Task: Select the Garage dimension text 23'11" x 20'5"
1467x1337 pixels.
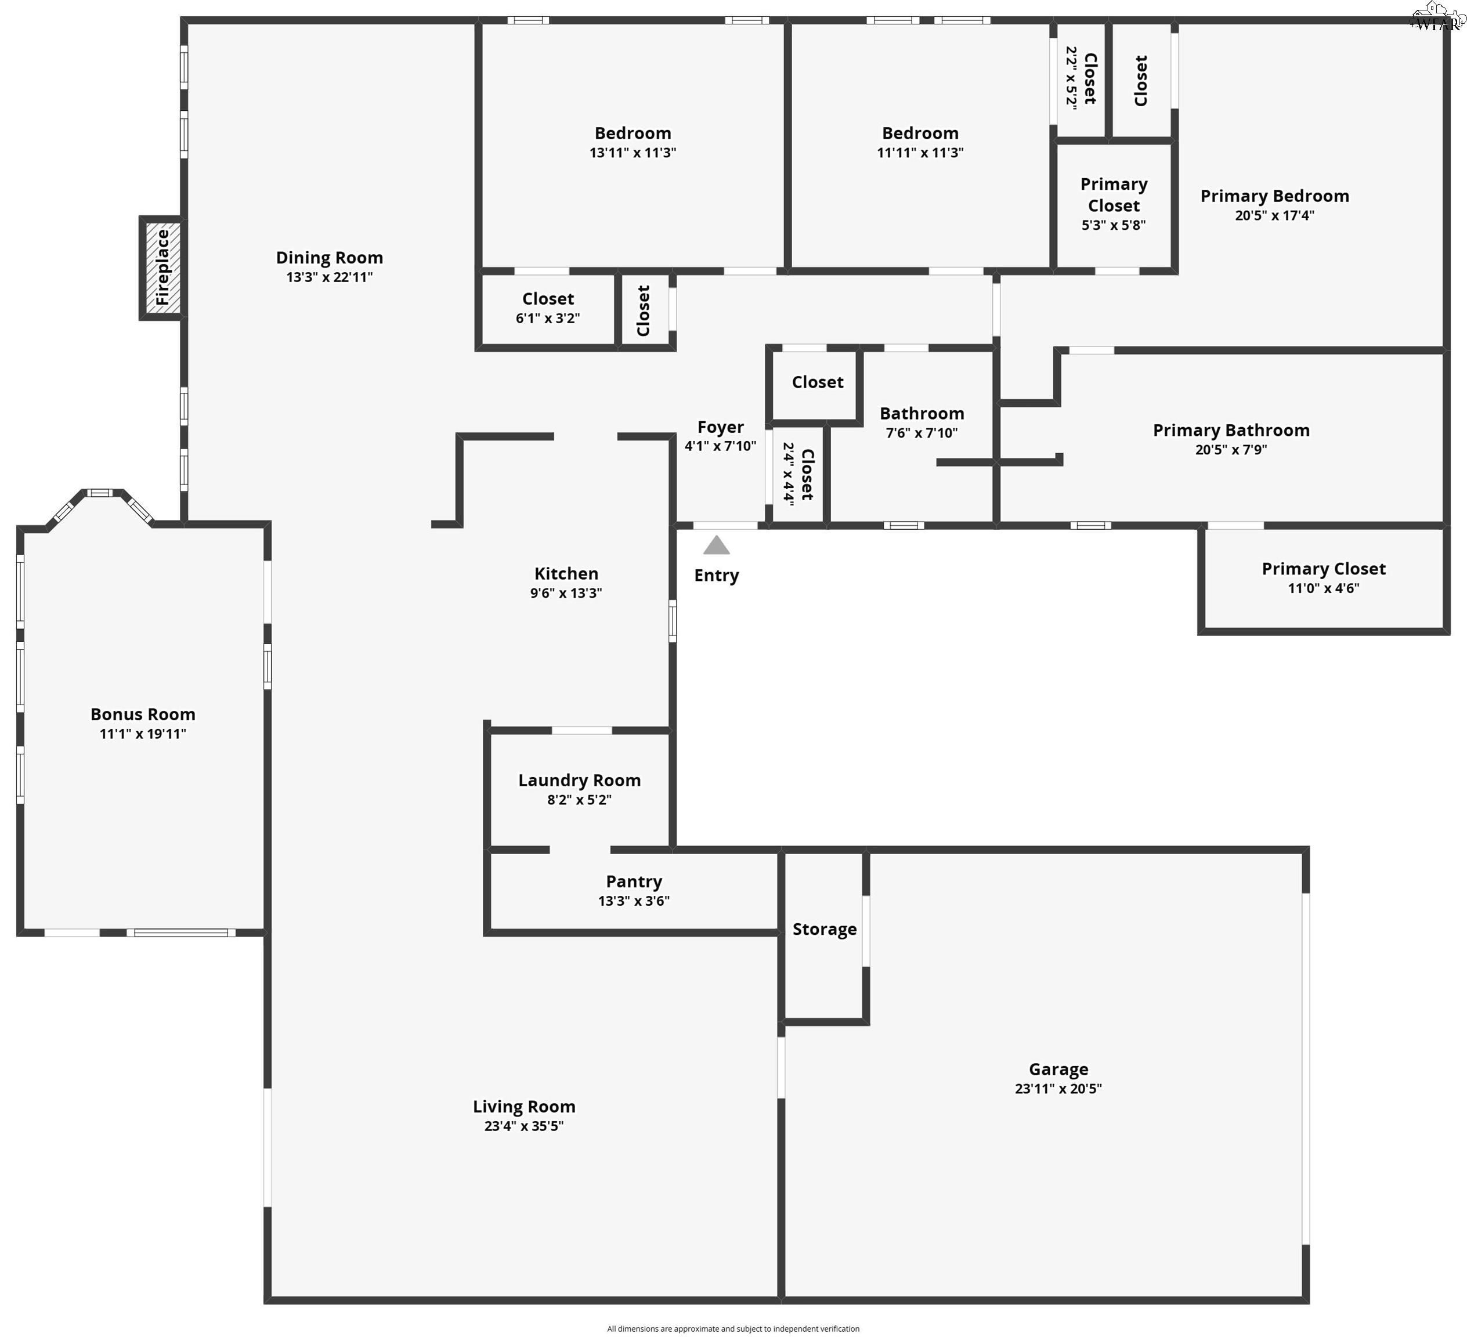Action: [1058, 1089]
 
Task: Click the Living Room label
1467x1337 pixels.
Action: [524, 1107]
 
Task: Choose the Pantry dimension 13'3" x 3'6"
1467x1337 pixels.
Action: [634, 901]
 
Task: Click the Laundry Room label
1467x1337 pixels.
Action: [579, 780]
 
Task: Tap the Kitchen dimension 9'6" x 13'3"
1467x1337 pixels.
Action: [566, 593]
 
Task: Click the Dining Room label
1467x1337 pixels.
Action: [329, 258]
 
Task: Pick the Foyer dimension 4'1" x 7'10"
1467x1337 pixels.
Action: [720, 446]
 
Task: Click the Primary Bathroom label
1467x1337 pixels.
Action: [1230, 430]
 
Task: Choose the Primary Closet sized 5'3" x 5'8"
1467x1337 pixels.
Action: [1114, 204]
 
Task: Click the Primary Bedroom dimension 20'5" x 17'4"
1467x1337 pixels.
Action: [1274, 215]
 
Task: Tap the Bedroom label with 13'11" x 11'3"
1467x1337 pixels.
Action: [633, 134]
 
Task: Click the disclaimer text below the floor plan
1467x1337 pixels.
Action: [733, 1328]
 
